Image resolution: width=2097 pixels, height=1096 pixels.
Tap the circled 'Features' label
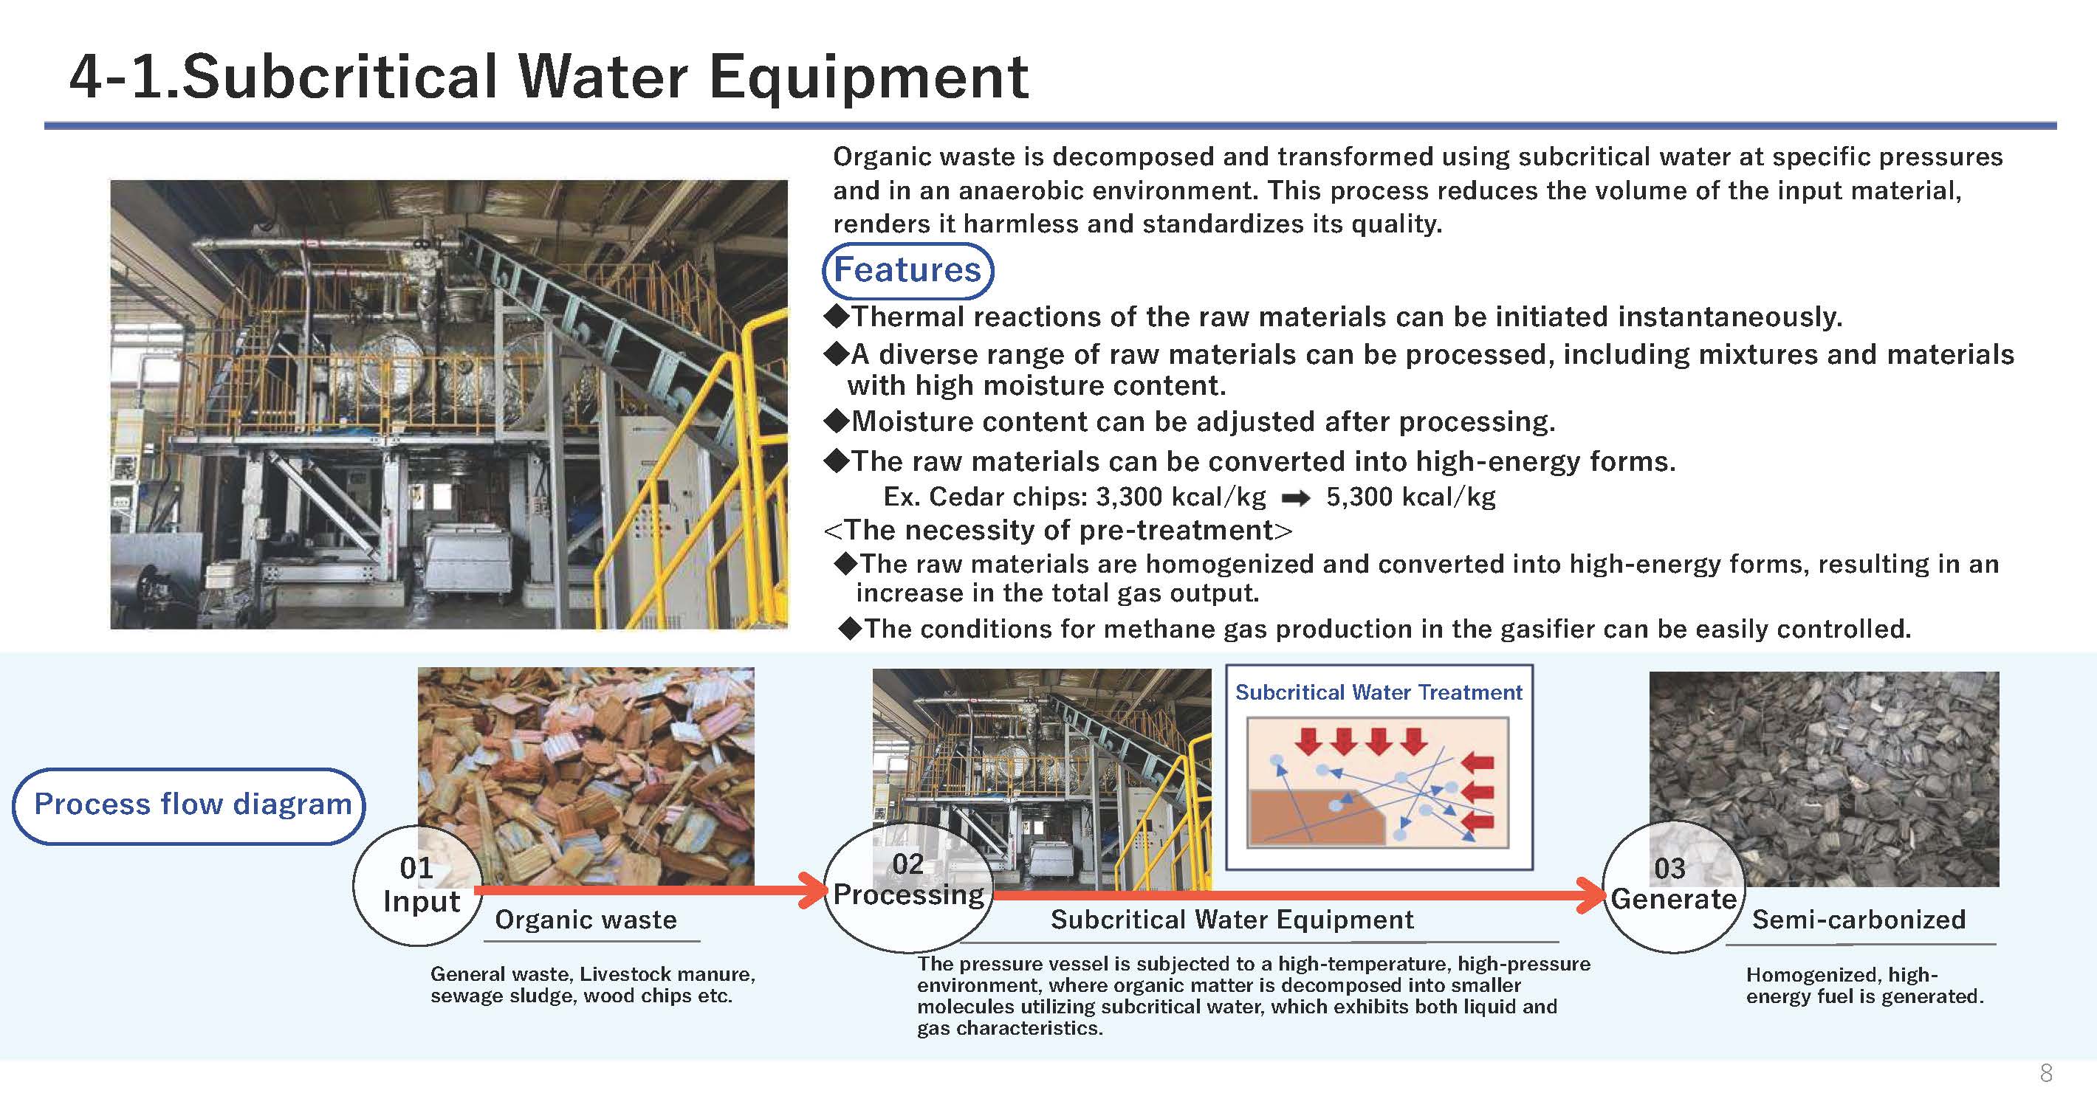pyautogui.click(x=907, y=270)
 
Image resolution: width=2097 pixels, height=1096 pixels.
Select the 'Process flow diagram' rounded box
pyautogui.click(x=189, y=804)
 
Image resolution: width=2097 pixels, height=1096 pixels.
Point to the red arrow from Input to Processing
pyautogui.click(x=651, y=890)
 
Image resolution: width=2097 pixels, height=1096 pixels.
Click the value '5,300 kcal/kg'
pyautogui.click(x=1411, y=496)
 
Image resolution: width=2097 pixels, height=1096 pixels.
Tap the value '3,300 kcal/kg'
pyautogui.click(x=1181, y=496)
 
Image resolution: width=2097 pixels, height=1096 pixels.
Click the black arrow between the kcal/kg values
pyautogui.click(x=1296, y=498)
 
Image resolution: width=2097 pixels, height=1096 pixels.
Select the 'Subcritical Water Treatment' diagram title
pyautogui.click(x=1379, y=692)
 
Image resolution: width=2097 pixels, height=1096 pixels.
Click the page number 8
pyautogui.click(x=2047, y=1073)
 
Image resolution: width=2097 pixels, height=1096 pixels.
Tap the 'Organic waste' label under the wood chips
pyautogui.click(x=586, y=920)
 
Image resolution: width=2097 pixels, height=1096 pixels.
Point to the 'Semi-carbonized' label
pyautogui.click(x=1859, y=920)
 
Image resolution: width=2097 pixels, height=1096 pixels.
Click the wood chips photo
pyautogui.click(x=586, y=776)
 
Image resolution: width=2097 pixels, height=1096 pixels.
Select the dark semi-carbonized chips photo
pyautogui.click(x=1824, y=779)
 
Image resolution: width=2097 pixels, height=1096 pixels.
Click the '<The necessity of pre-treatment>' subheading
pyautogui.click(x=1057, y=531)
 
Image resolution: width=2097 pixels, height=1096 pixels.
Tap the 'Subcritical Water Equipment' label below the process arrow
pyautogui.click(x=1232, y=920)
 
